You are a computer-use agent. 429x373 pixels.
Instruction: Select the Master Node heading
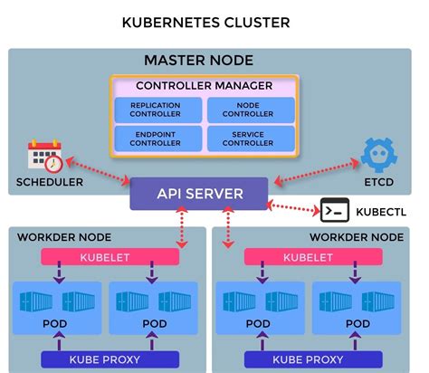(198, 61)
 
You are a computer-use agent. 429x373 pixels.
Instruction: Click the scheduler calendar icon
(44, 157)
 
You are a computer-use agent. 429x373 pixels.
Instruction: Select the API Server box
(199, 193)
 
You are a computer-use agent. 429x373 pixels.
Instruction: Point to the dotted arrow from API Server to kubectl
(293, 206)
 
